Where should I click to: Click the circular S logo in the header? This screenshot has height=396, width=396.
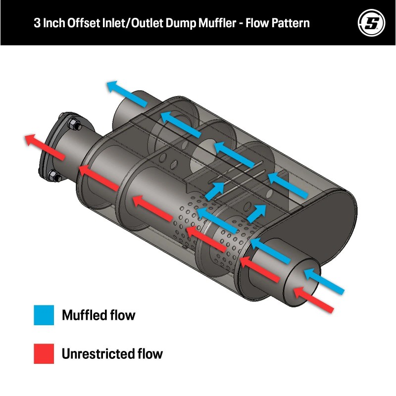[x=371, y=23]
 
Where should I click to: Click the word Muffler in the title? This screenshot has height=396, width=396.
[x=217, y=23]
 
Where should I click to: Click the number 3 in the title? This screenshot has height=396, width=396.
[x=37, y=23]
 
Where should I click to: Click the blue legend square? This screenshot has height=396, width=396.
[x=44, y=315]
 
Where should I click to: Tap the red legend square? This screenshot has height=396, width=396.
[x=44, y=353]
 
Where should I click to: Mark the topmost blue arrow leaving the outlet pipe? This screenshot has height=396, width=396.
[x=127, y=94]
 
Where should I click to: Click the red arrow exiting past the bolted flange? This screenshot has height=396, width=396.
[x=45, y=147]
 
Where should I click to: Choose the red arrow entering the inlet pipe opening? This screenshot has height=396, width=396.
[x=313, y=300]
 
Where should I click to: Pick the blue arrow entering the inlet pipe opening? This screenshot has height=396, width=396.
[x=324, y=281]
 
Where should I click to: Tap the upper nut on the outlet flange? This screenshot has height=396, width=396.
[x=75, y=124]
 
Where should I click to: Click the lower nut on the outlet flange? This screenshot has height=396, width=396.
[x=54, y=176]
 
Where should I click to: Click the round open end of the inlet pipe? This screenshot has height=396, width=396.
[x=302, y=283]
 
